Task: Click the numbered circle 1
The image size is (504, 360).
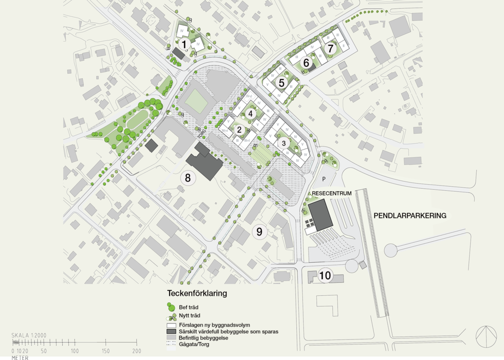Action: [184, 45]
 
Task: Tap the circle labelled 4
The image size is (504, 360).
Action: [250, 113]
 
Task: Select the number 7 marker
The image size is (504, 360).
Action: [331, 48]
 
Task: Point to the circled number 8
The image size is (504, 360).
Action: [188, 178]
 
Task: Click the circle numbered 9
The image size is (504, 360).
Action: [259, 232]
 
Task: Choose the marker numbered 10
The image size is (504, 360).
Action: [325, 276]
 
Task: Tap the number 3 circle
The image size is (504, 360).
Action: [283, 142]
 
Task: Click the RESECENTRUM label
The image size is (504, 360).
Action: [332, 193]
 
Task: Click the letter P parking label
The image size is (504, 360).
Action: [324, 178]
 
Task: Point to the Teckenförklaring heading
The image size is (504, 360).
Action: [197, 294]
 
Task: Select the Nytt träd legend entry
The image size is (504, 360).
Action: [189, 316]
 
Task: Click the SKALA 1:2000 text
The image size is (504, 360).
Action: [29, 335]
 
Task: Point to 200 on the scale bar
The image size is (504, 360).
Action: [137, 351]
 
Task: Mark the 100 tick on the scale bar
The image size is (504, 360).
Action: [75, 351]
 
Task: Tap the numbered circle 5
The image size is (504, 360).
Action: [281, 82]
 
